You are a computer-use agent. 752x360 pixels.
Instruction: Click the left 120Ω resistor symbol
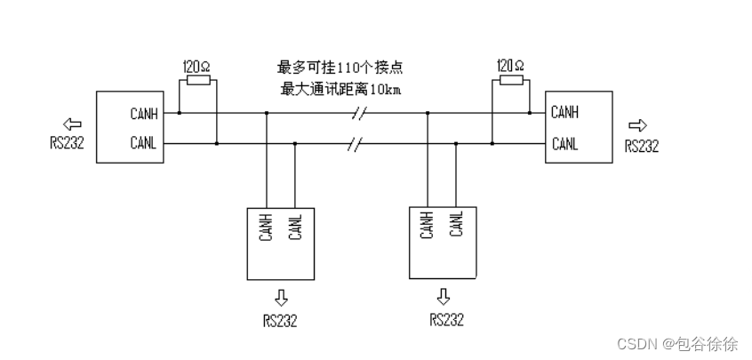[x=197, y=81]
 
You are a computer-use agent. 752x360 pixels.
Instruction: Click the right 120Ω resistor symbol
[x=511, y=81]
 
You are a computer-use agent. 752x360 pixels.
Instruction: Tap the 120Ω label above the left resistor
[x=197, y=67]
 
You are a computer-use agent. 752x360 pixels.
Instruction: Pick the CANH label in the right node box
[x=565, y=112]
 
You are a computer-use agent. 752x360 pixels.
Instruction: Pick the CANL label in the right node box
[x=565, y=143]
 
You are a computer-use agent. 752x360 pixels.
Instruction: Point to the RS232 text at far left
[x=68, y=144]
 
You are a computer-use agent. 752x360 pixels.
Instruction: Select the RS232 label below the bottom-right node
[x=446, y=319]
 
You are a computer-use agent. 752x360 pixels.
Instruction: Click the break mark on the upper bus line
[x=359, y=113]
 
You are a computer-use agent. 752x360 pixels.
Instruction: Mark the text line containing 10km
[x=340, y=89]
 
